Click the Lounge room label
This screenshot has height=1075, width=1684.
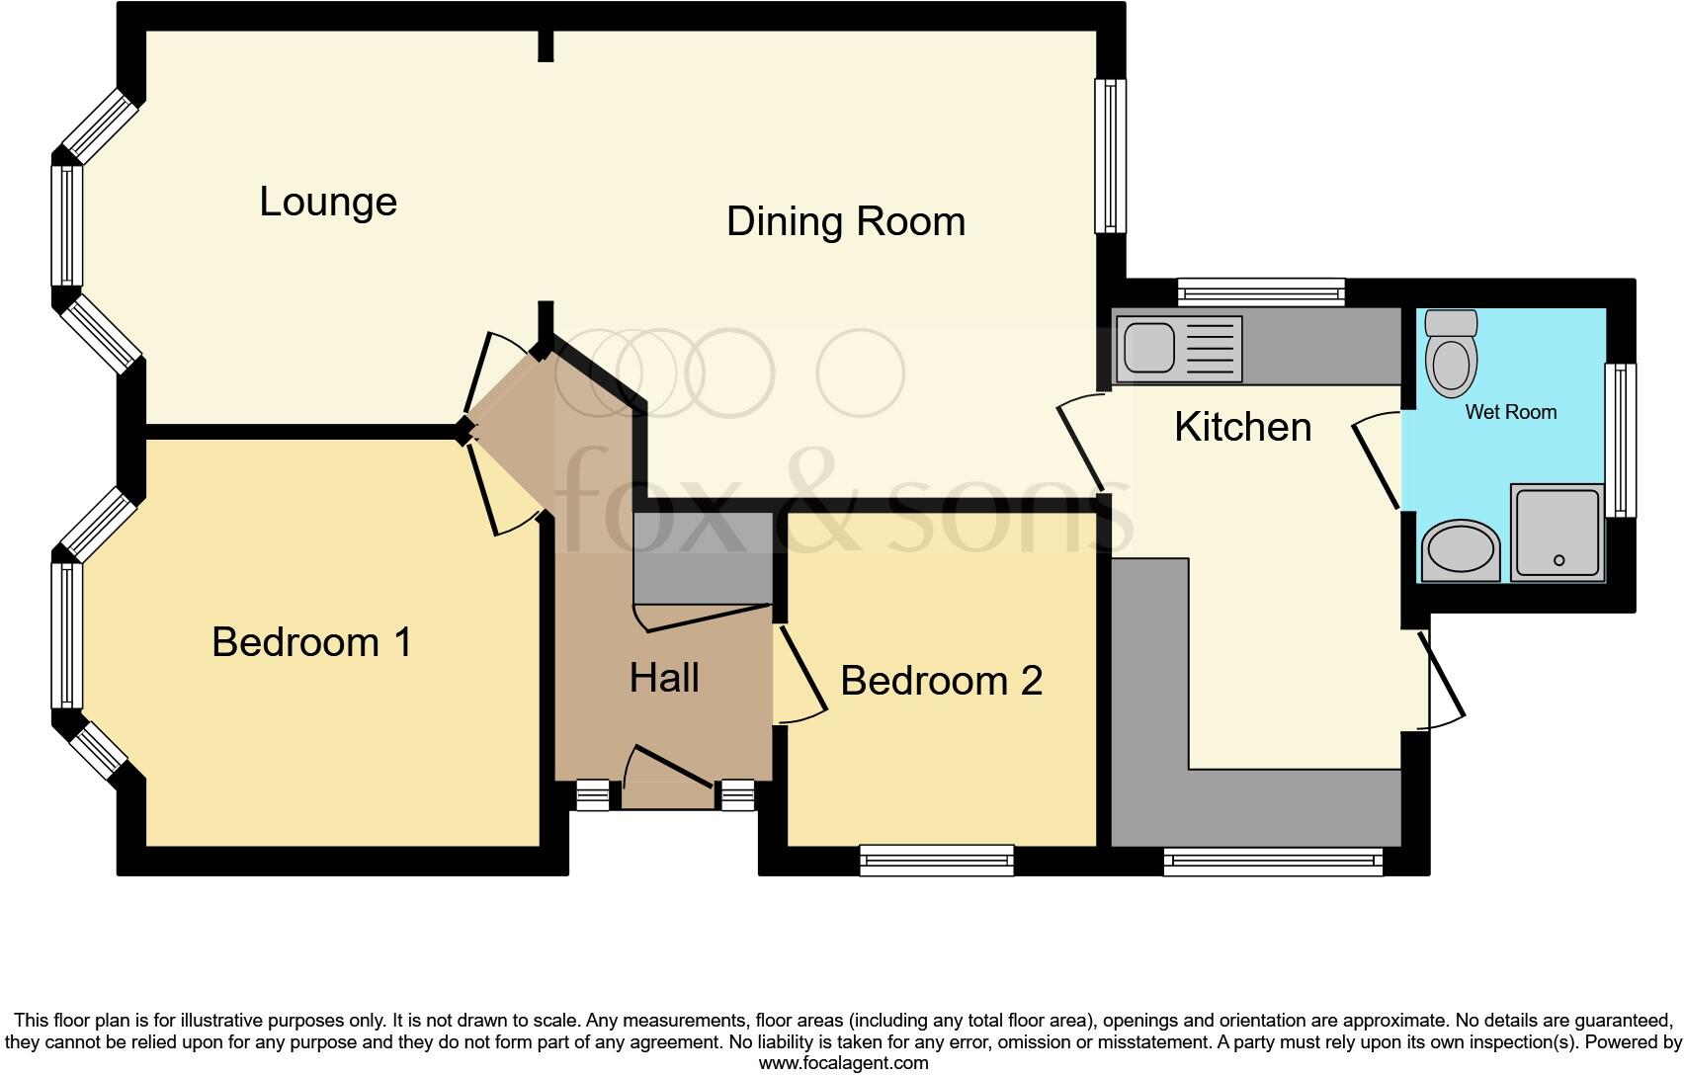point(328,202)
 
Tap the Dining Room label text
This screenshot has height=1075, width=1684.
point(846,221)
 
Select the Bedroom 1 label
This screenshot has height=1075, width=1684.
point(311,643)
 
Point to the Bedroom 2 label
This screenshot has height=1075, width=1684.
point(941,681)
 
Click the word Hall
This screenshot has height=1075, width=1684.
point(664,678)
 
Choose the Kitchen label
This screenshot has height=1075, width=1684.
point(1242,427)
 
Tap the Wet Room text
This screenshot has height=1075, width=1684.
point(1510,412)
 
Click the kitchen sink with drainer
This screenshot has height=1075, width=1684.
point(1177,349)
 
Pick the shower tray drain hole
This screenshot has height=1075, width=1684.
point(1559,560)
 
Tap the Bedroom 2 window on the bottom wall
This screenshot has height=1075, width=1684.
point(937,860)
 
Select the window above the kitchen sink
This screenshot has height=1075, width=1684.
point(1261,291)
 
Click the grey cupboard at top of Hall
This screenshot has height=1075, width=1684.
point(702,557)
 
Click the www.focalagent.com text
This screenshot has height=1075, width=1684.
point(842,1063)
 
